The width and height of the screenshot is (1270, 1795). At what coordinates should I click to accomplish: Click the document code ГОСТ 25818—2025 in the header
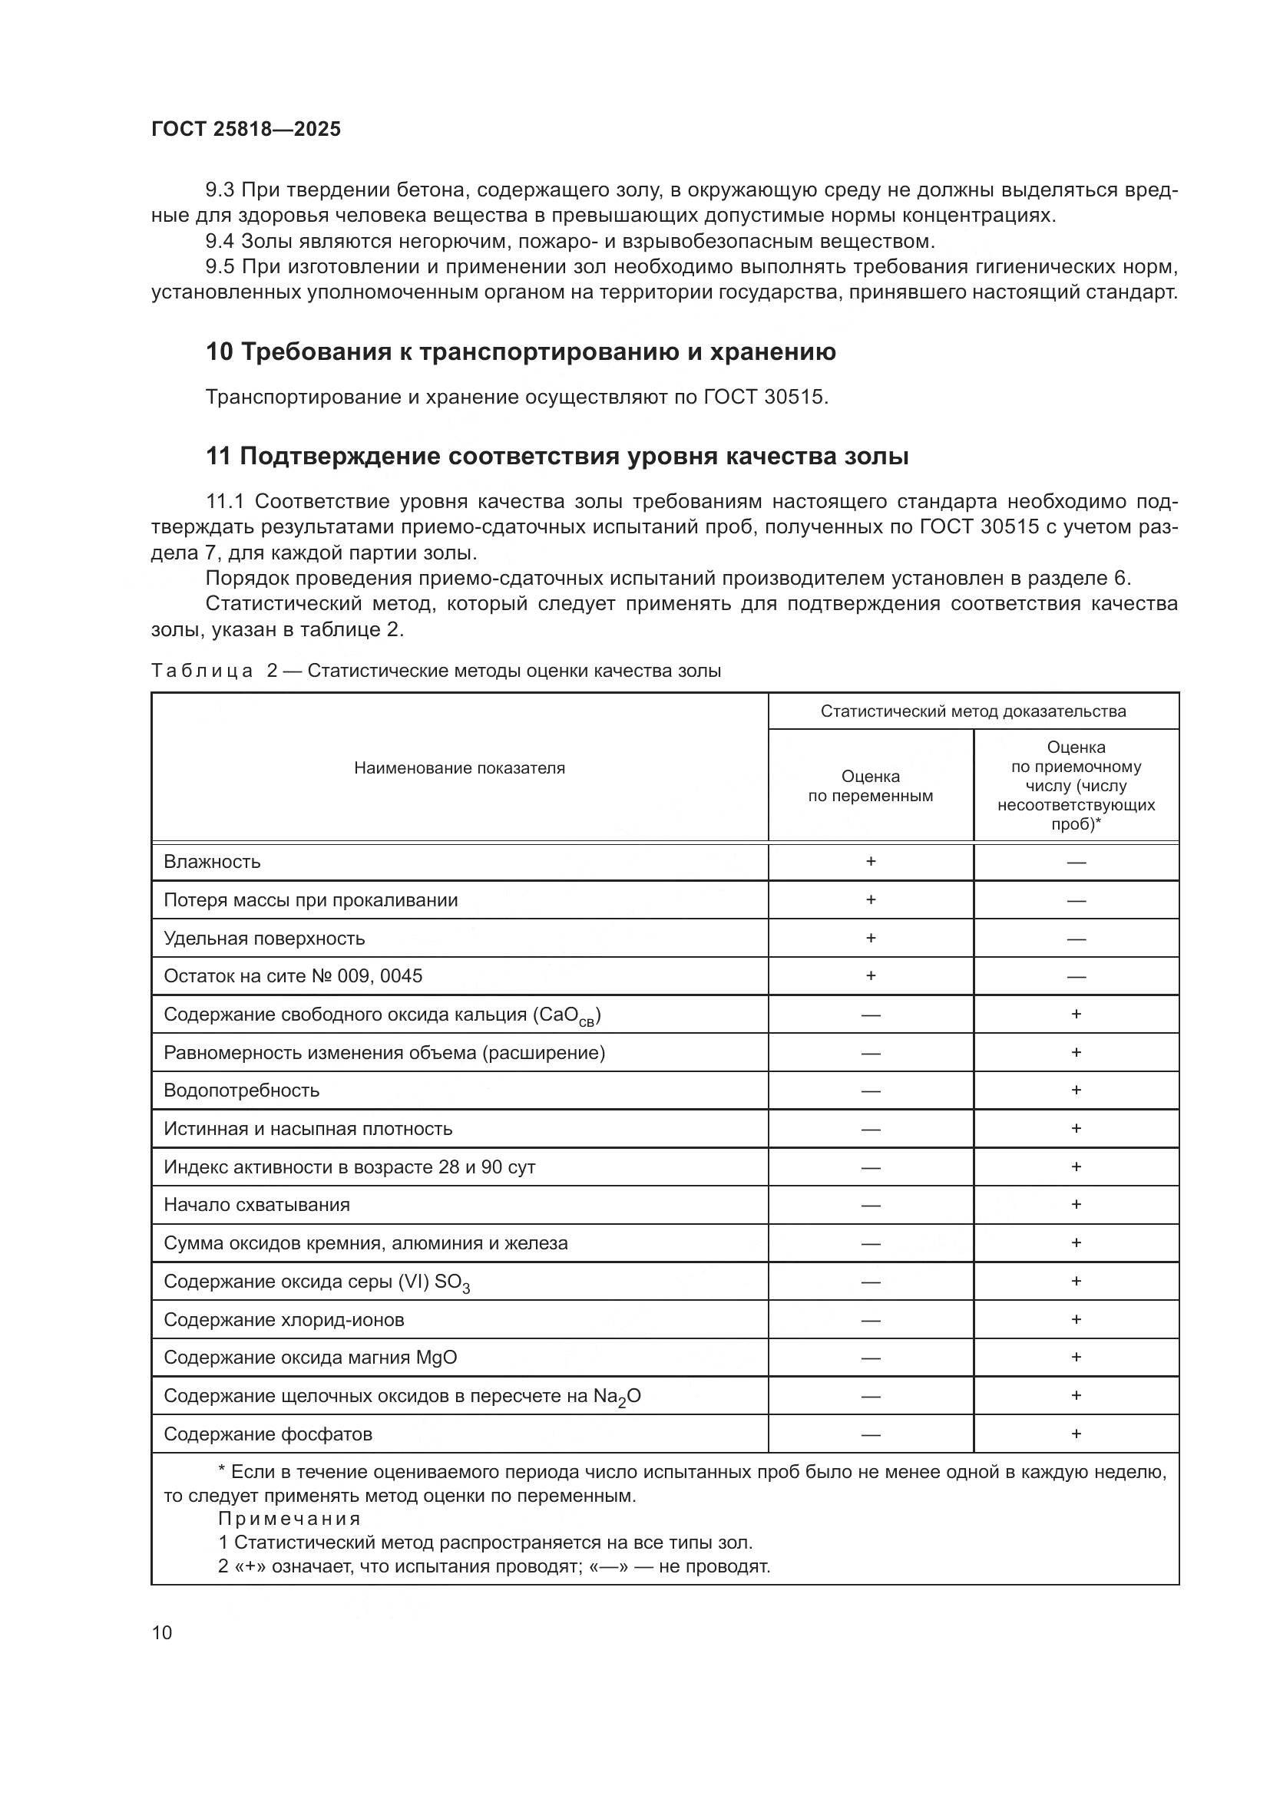246,129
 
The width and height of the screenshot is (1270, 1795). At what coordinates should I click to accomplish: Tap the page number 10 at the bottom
162,1632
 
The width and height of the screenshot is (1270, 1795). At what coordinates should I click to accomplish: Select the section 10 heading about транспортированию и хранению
521,351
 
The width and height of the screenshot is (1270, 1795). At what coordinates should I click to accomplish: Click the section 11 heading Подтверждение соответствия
557,456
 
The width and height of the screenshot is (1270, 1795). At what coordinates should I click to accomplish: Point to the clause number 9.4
220,241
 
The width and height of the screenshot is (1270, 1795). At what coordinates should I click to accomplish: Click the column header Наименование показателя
459,767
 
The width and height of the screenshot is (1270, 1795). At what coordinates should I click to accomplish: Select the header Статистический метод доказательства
973,711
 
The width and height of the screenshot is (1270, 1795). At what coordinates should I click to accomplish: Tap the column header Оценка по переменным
871,786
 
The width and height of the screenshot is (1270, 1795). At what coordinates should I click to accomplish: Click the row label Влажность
212,862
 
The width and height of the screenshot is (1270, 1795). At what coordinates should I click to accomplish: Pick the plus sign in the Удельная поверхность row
871,937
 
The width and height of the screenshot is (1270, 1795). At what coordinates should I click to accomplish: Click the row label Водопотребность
242,1090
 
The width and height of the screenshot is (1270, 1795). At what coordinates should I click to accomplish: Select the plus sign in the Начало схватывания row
1076,1204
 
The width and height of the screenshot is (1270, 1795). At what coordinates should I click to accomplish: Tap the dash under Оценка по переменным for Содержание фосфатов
871,1434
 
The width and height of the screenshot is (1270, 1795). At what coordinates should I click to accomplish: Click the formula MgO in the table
436,1358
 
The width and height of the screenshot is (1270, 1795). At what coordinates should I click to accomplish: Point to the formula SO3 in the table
452,1282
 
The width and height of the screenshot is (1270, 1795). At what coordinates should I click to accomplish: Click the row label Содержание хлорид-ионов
284,1320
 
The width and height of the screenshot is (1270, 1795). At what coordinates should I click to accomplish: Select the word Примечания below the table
289,1518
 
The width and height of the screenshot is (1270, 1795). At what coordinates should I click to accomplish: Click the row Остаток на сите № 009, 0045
293,975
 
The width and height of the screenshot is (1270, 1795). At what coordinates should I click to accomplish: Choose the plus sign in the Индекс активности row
1076,1166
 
